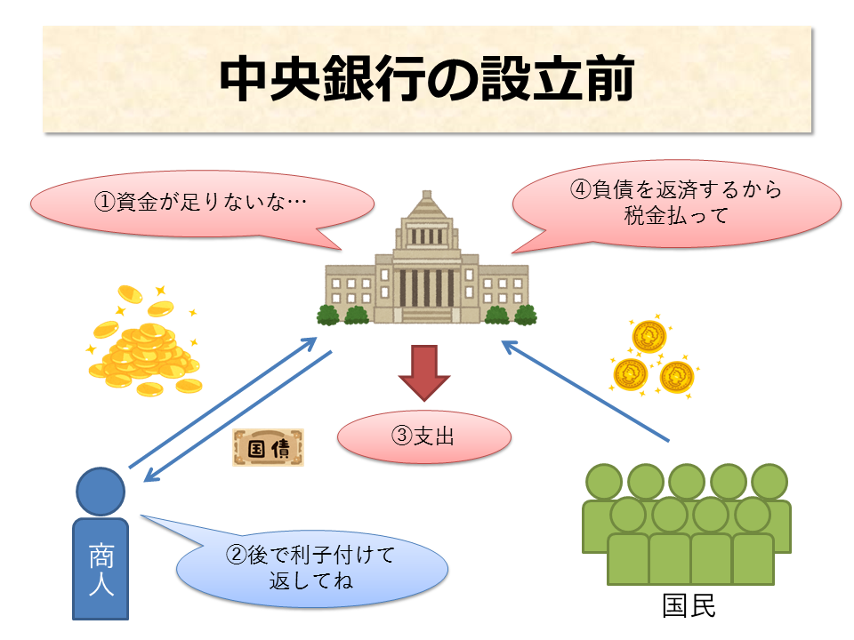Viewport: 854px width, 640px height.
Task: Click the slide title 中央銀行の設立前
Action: pos(427,81)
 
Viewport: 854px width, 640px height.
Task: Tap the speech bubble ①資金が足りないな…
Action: pos(200,204)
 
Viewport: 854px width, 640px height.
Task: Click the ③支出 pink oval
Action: pos(424,436)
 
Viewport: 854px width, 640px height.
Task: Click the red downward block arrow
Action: pos(424,372)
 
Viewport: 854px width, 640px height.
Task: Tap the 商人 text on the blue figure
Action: pos(101,570)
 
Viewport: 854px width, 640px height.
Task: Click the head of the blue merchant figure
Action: pos(101,491)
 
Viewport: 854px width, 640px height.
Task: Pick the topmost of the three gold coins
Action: pos(649,337)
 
